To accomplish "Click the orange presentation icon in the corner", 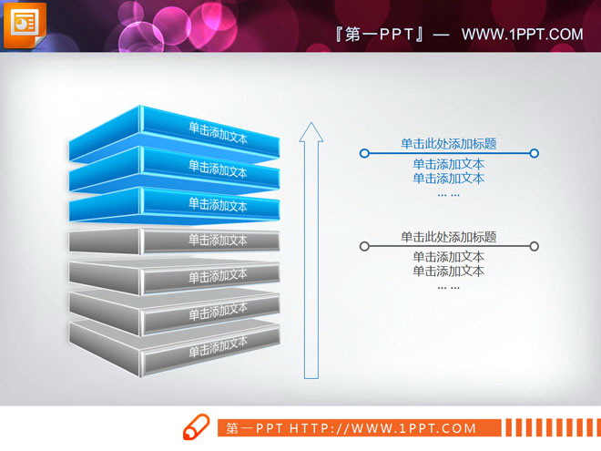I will pos(25,23).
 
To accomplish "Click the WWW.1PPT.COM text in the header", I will pos(522,35).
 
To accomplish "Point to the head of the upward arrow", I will pos(311,133).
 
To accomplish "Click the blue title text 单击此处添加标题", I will pos(449,143).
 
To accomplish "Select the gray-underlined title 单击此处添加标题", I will pos(449,237).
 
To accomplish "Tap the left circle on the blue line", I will pos(364,153).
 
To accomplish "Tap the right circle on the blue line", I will pos(535,153).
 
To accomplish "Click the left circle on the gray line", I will pos(364,246).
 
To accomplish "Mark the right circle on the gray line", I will pos(535,246).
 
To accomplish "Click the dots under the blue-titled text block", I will pos(449,194).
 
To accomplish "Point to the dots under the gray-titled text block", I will pos(449,287).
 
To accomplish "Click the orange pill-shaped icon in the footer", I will pos(198,427).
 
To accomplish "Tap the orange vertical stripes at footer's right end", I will pos(550,427).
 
